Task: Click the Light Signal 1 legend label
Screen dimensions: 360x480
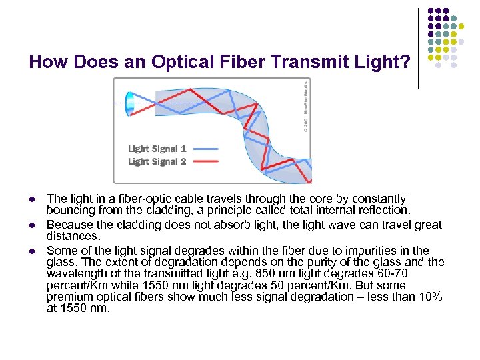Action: [x=157, y=149]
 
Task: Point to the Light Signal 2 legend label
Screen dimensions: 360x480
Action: [x=157, y=161]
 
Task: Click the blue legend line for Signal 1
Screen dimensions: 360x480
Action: [x=205, y=149]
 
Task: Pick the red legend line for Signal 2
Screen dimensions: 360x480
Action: [x=205, y=162]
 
